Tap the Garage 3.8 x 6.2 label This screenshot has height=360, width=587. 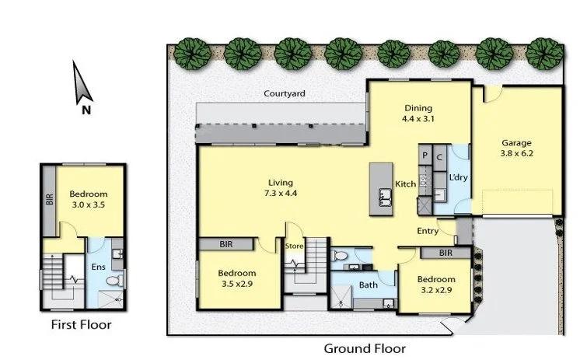pyautogui.click(x=515, y=149)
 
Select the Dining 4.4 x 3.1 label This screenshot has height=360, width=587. pyautogui.click(x=418, y=114)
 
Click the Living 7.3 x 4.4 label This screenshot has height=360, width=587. pyautogui.click(x=281, y=188)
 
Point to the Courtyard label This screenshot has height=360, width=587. pyautogui.click(x=284, y=94)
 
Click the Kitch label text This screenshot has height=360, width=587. pyautogui.click(x=405, y=184)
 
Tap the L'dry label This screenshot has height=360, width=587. pyautogui.click(x=459, y=178)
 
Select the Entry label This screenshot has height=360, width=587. pyautogui.click(x=427, y=231)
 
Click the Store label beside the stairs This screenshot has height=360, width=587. pyautogui.click(x=294, y=247)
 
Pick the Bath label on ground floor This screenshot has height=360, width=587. pyautogui.click(x=368, y=285)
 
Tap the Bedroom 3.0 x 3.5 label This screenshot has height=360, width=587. pyautogui.click(x=88, y=201)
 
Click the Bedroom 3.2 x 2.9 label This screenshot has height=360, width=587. pyautogui.click(x=435, y=285)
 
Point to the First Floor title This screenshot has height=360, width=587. pyautogui.click(x=81, y=325)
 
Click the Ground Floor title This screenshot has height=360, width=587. pyautogui.click(x=364, y=349)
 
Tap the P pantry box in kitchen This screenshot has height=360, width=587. pyautogui.click(x=425, y=156)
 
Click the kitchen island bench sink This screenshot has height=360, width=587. pyautogui.click(x=384, y=197)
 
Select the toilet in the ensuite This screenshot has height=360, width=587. pyautogui.click(x=113, y=279)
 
